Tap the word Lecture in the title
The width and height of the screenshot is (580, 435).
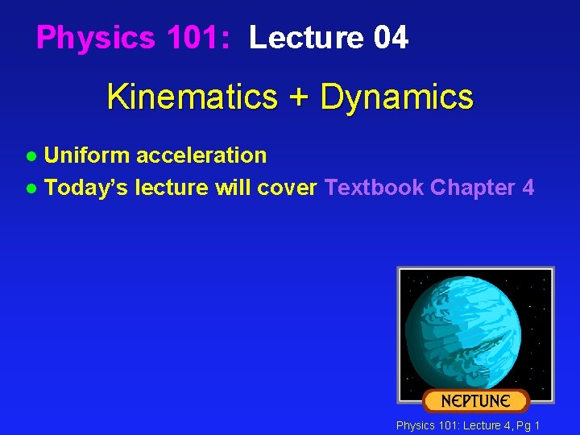[306, 38]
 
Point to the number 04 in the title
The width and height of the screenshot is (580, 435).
[391, 38]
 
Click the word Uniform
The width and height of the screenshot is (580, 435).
[86, 155]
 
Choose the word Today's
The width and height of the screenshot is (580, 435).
[86, 188]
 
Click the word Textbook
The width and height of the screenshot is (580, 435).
[374, 188]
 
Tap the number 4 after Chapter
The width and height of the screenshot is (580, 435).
[528, 188]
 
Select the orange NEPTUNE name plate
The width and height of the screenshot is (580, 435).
[475, 400]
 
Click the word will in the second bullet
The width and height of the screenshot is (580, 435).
[232, 188]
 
